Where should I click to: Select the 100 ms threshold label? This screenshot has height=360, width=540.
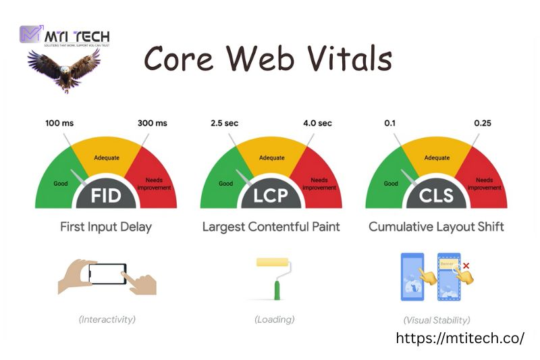pyautogui.click(x=59, y=123)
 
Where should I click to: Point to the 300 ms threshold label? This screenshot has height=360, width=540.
pyautogui.click(x=152, y=123)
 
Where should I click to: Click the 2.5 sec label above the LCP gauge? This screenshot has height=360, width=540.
pyautogui.click(x=225, y=123)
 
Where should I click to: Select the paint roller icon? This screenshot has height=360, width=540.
pyautogui.click(x=273, y=277)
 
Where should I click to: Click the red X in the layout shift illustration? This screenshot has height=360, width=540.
pyautogui.click(x=466, y=266)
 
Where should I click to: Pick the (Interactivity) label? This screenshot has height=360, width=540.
pyautogui.click(x=107, y=319)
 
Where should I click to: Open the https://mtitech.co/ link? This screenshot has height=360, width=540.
pyautogui.click(x=460, y=338)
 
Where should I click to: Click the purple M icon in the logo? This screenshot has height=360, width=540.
pyautogui.click(x=30, y=34)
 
